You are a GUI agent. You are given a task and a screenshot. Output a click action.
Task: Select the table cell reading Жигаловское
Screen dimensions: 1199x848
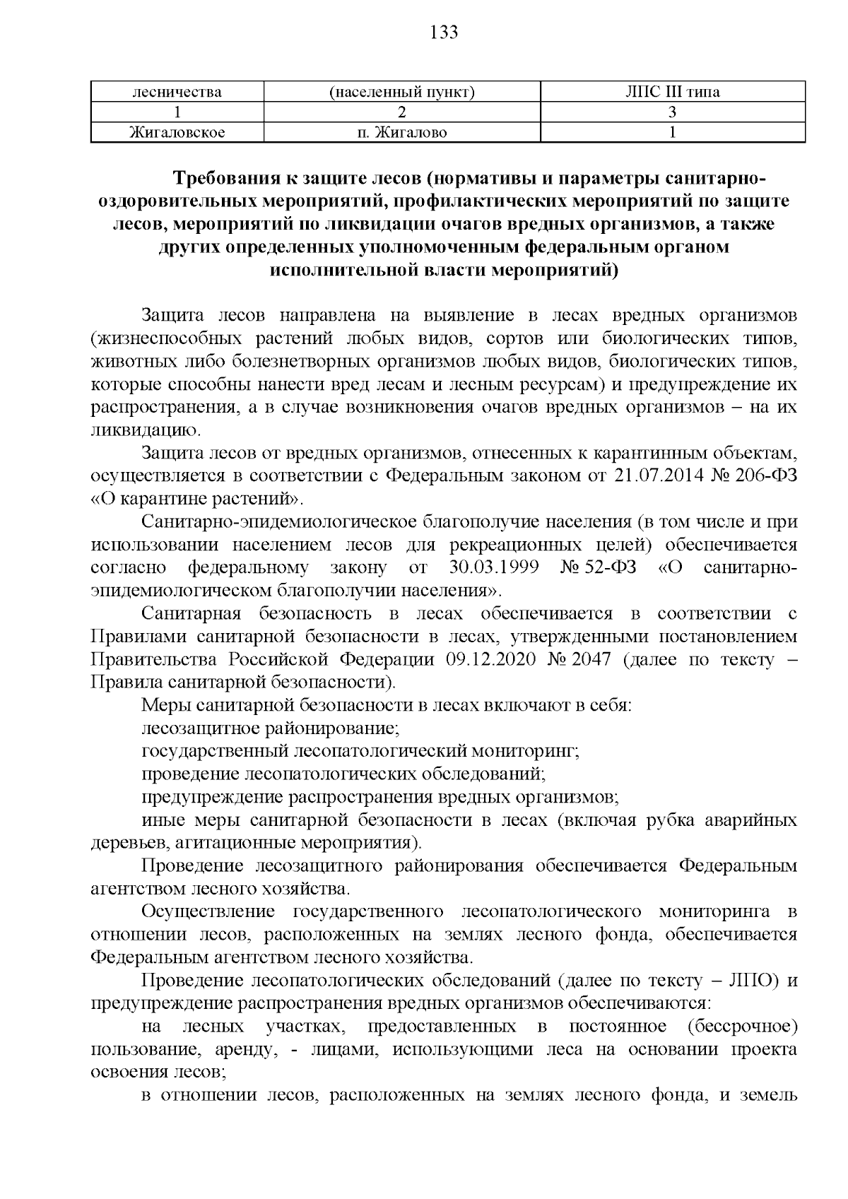[177, 132]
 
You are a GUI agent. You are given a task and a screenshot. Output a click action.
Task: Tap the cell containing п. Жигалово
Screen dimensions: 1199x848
[401, 132]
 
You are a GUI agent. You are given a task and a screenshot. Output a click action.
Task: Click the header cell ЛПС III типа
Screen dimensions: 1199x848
[673, 92]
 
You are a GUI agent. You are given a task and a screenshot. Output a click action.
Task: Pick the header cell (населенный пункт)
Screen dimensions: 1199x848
[401, 92]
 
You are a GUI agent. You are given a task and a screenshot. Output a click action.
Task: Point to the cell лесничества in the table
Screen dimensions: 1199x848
[177, 92]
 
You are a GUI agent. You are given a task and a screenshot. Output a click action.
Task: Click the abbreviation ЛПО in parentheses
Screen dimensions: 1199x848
[750, 981]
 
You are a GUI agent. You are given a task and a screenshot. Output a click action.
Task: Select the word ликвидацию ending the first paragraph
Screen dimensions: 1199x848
[146, 430]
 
